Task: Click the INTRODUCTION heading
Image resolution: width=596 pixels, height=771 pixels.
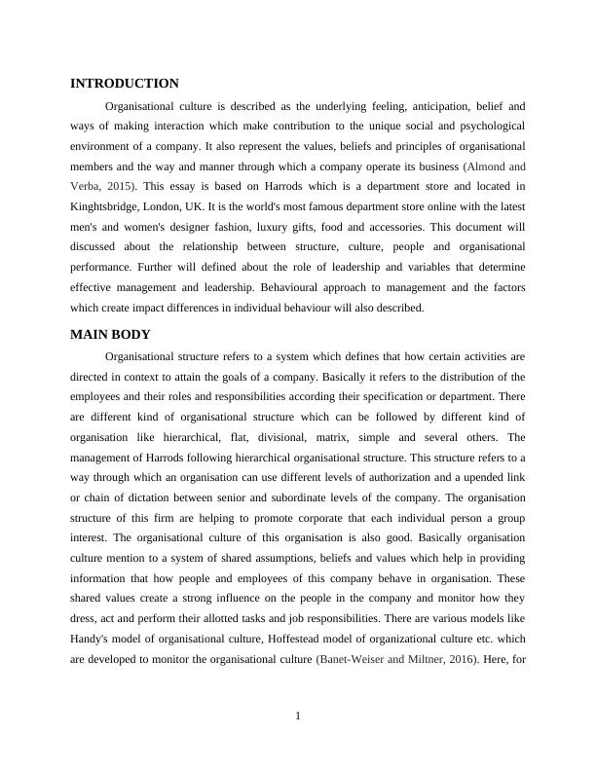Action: tap(124, 84)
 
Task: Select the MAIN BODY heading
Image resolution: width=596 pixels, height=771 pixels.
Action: tap(110, 334)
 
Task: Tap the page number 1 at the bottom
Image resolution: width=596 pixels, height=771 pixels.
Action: tap(298, 717)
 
